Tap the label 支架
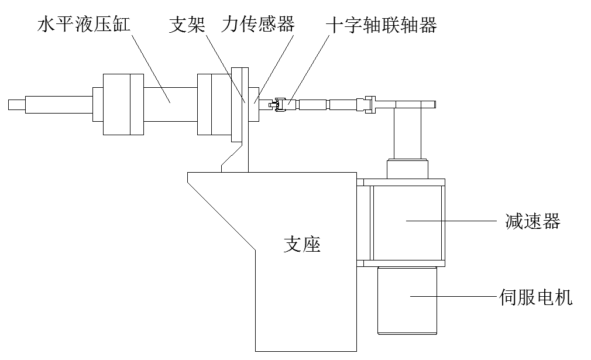pos(187,25)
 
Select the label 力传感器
pos(258,25)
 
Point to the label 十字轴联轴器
pos(381,25)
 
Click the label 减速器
pos(532,221)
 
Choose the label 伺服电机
pos(537,297)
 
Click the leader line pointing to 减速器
pos(456,221)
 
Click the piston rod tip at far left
pos(16,105)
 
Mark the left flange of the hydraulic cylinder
pos(123,105)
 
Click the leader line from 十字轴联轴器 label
pos(307,67)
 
